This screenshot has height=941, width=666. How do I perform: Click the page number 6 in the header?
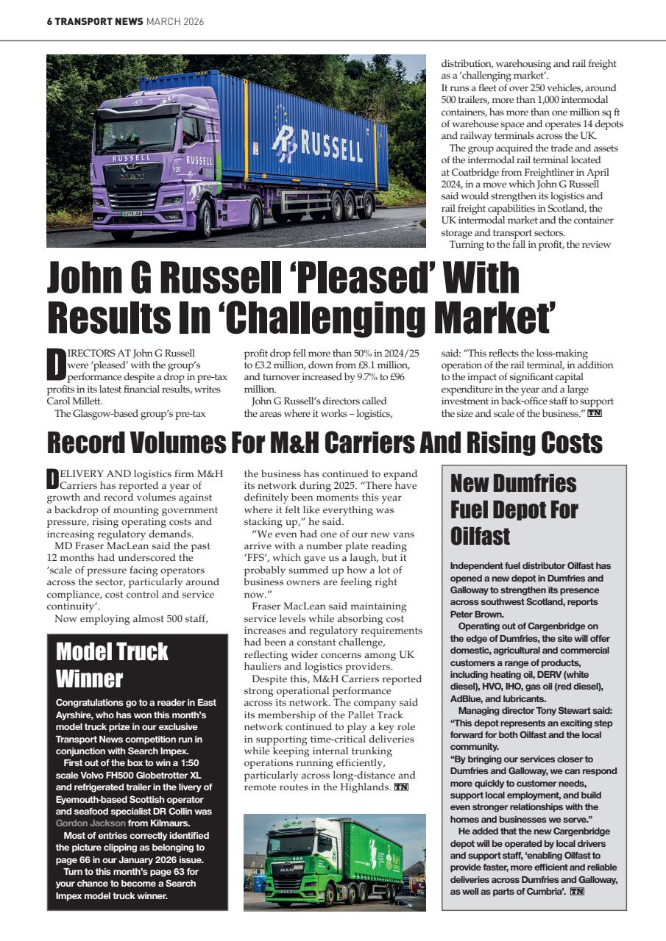coord(49,22)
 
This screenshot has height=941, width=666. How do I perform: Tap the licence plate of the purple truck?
coord(132,213)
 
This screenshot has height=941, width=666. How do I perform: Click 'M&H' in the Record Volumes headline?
coord(300,443)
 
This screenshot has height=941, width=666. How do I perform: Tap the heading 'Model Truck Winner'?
coord(112,664)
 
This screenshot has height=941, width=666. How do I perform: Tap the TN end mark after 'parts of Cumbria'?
coord(577,892)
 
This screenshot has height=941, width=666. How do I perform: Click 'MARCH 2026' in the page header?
coord(175,22)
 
